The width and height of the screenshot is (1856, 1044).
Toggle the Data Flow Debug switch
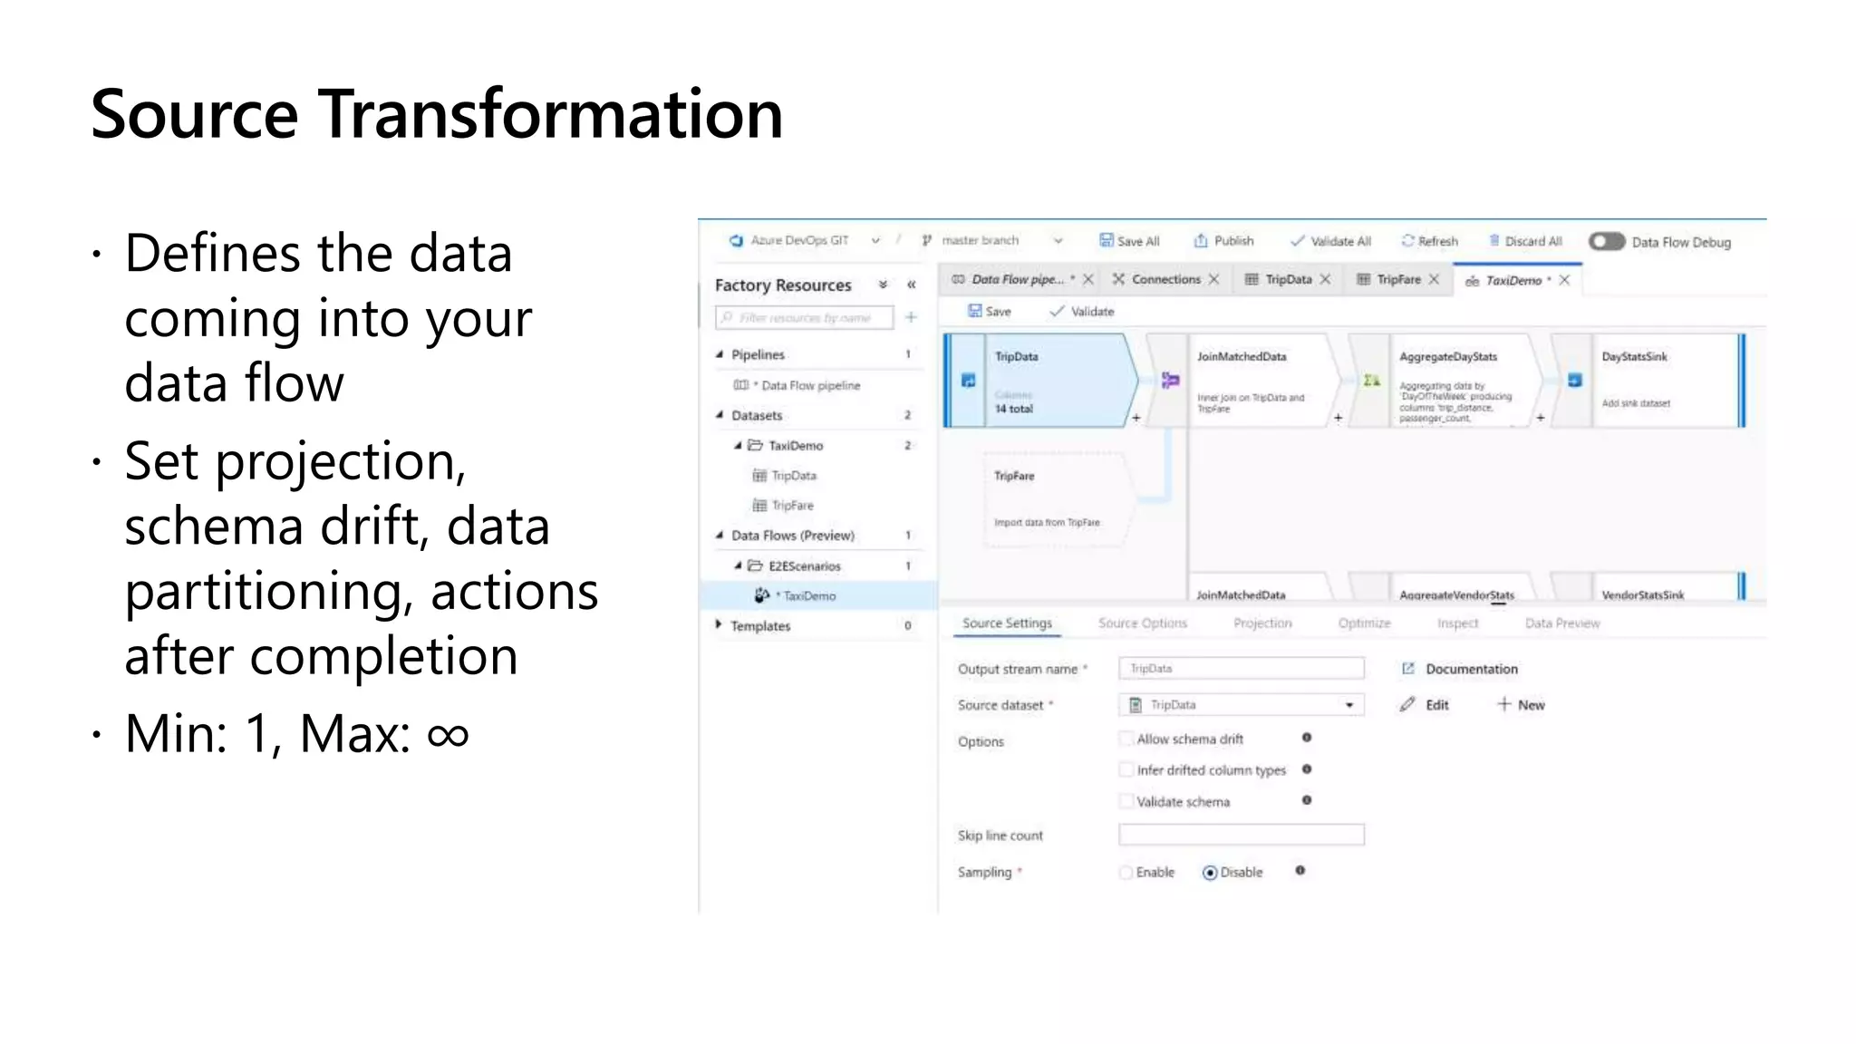point(1607,242)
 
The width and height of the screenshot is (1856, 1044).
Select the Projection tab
point(1262,623)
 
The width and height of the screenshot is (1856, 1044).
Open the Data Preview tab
point(1561,623)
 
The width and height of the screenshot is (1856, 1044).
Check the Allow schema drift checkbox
point(1126,739)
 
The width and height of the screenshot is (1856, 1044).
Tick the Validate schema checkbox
point(1126,801)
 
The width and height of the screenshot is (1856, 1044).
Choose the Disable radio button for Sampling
point(1210,873)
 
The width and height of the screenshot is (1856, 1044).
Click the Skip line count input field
point(1241,835)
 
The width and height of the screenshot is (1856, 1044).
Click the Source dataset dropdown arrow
point(1349,705)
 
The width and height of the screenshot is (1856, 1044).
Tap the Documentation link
point(1471,669)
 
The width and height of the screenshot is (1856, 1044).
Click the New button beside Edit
point(1522,705)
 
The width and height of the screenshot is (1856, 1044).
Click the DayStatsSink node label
point(1634,357)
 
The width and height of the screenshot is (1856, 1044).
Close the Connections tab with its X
point(1214,279)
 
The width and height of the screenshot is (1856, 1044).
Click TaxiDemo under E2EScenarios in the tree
point(809,596)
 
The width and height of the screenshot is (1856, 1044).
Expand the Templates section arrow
point(719,625)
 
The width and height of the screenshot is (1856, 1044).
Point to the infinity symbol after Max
point(448,734)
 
